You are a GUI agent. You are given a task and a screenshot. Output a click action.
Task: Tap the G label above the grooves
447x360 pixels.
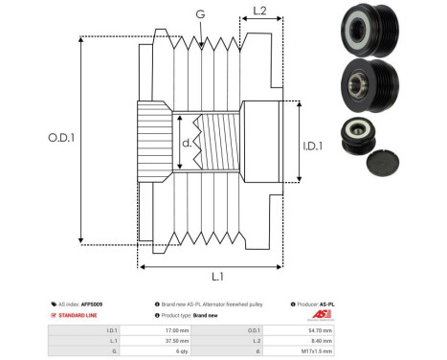[x=199, y=13]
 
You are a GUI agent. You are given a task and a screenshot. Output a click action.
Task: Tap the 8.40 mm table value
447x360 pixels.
[x=324, y=339]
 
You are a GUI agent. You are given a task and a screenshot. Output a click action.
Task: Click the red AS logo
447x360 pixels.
[x=319, y=314]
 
